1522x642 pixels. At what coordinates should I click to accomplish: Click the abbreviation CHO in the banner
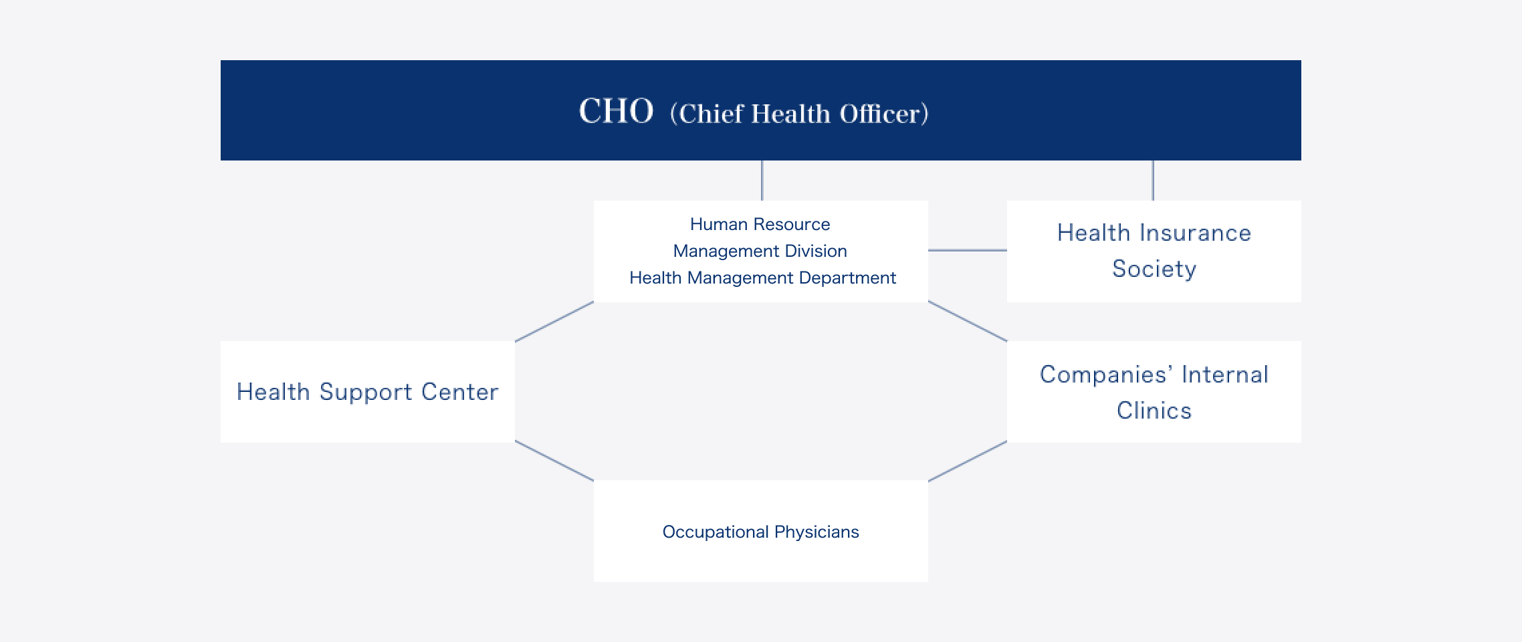pyautogui.click(x=616, y=111)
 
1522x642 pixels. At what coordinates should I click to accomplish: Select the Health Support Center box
pyautogui.click(x=368, y=392)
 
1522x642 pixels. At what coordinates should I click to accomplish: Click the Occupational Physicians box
pyautogui.click(x=761, y=531)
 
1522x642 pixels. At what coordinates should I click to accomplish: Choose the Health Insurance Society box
pyautogui.click(x=1154, y=251)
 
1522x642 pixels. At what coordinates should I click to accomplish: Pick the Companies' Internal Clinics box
pyautogui.click(x=1154, y=392)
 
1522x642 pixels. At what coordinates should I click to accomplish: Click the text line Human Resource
pyautogui.click(x=760, y=224)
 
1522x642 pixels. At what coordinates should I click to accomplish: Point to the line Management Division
pyautogui.click(x=760, y=251)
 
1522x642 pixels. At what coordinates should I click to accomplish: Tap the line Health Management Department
pyautogui.click(x=762, y=278)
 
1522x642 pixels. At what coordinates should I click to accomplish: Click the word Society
pyautogui.click(x=1154, y=269)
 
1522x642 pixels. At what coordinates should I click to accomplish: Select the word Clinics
pyautogui.click(x=1154, y=411)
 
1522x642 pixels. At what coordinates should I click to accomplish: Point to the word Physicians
pyautogui.click(x=817, y=532)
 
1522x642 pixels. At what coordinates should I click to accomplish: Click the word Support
pyautogui.click(x=366, y=393)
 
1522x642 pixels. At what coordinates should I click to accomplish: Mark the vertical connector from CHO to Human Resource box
pyautogui.click(x=762, y=181)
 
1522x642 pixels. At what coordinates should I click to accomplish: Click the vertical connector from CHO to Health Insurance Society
pyautogui.click(x=1153, y=181)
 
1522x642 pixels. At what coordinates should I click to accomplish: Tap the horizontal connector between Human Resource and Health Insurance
pyautogui.click(x=968, y=250)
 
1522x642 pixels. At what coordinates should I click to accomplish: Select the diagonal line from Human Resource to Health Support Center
pyautogui.click(x=554, y=322)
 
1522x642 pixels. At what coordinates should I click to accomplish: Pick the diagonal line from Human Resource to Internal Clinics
pyautogui.click(x=968, y=322)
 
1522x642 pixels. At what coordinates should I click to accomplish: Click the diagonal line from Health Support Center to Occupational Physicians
pyautogui.click(x=554, y=461)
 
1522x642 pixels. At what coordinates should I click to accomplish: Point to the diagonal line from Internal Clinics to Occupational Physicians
pyautogui.click(x=968, y=461)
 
